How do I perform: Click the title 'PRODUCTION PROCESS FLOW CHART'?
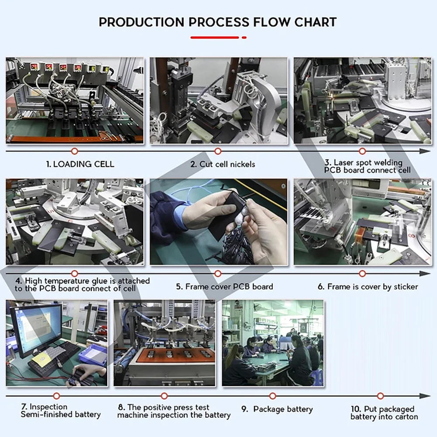click(x=218, y=22)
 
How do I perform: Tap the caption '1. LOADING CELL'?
click(x=80, y=164)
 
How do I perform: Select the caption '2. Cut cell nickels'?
click(x=223, y=164)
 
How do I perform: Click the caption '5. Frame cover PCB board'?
click(x=225, y=286)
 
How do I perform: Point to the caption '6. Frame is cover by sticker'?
click(x=368, y=286)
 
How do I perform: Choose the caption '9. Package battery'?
click(x=277, y=409)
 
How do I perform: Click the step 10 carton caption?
click(x=384, y=413)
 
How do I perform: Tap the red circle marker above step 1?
click(x=74, y=151)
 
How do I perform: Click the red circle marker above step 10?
click(x=380, y=396)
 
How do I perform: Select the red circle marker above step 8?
click(x=165, y=396)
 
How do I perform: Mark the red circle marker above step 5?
click(x=218, y=274)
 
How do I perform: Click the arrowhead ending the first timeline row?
click(x=425, y=151)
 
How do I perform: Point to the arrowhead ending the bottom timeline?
click(x=425, y=396)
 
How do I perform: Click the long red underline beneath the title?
click(x=215, y=38)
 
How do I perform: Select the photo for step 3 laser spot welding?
click(x=363, y=100)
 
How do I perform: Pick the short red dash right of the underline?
click(x=244, y=38)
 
